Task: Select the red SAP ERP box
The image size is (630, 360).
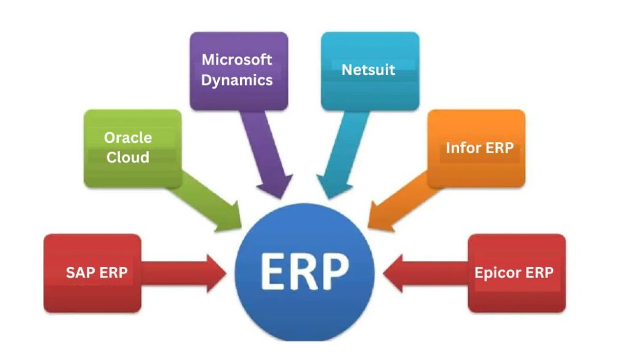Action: pos(92,273)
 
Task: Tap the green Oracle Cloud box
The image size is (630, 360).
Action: pos(132,148)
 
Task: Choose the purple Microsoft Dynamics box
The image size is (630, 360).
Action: pos(238,70)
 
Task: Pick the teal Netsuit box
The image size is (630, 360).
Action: pos(370,70)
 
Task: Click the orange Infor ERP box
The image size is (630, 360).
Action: pos(476,148)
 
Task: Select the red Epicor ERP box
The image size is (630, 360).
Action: pos(516,273)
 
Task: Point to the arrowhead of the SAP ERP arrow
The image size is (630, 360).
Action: pos(216,273)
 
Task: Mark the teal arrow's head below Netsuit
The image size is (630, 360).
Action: pos(330,184)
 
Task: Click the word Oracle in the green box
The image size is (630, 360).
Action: pos(128,137)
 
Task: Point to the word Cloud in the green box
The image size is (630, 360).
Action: pos(128,158)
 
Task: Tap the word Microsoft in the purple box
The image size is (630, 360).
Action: pos(237,60)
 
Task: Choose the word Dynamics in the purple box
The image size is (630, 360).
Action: pos(237,80)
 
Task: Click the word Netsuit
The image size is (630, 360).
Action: pos(369,69)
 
